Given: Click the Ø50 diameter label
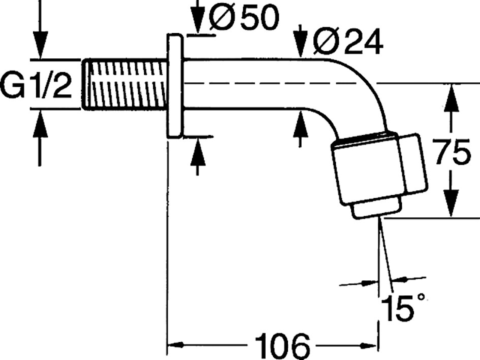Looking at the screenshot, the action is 244,18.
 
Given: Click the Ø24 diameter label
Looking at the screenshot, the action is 348,42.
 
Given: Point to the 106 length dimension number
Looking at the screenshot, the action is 282,346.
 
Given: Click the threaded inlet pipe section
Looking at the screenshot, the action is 125,84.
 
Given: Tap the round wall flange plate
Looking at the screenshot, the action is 175,85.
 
